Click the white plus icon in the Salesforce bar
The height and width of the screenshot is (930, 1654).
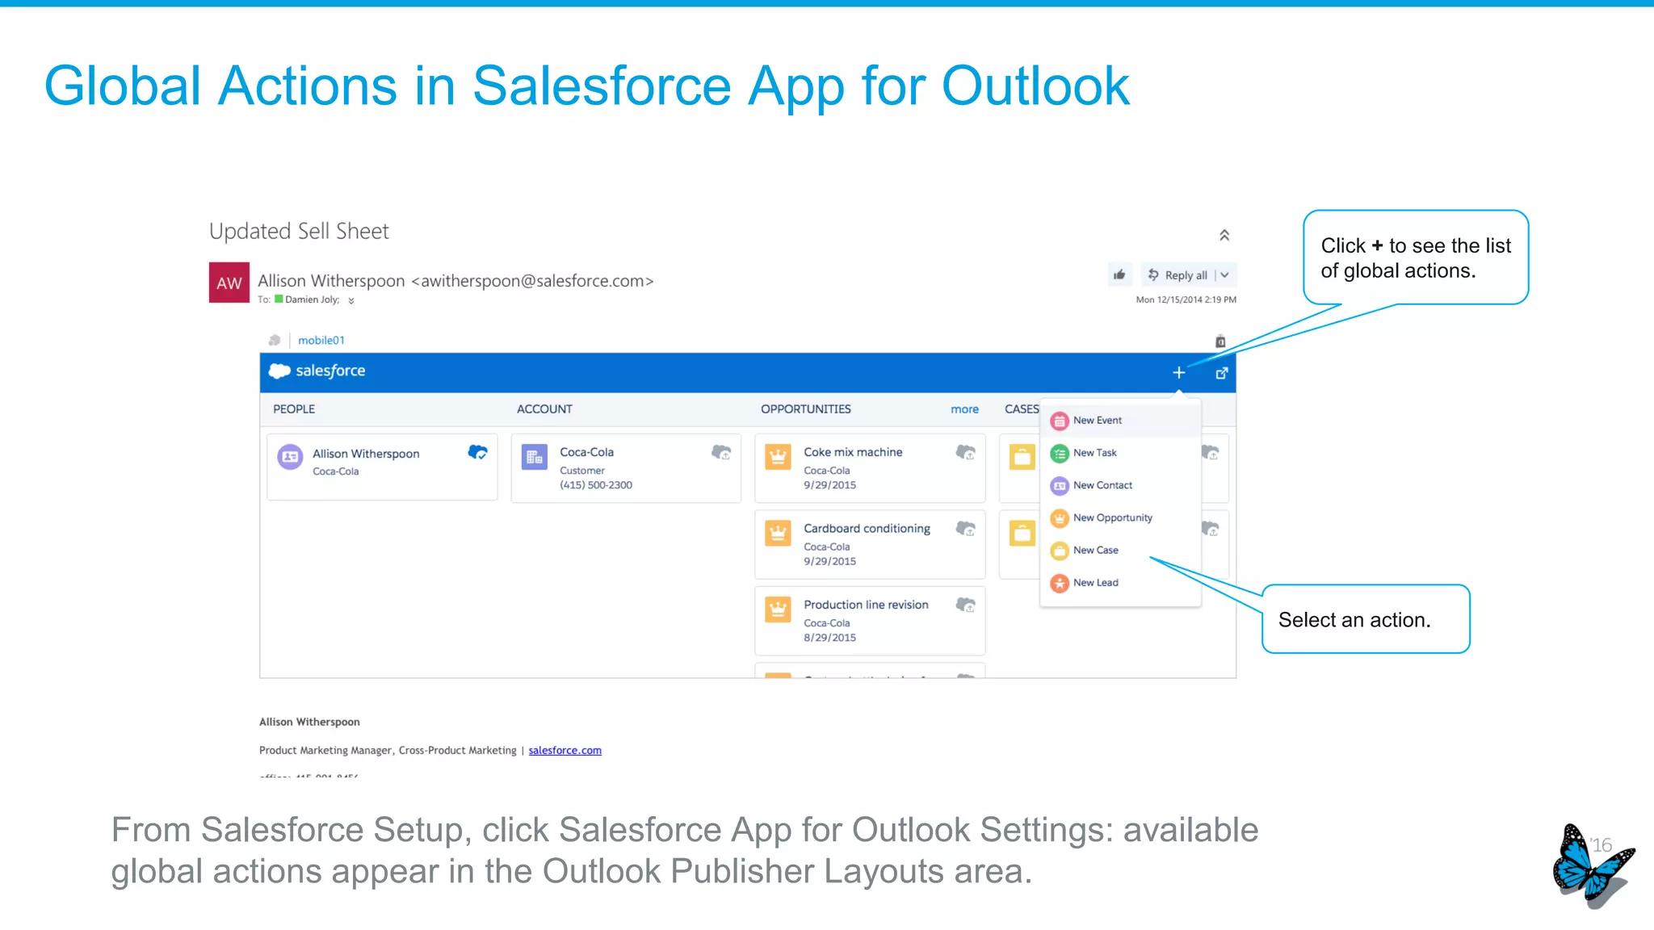(x=1178, y=373)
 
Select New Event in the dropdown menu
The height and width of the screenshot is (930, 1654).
(x=1097, y=421)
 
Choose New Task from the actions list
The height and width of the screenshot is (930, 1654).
(x=1094, y=453)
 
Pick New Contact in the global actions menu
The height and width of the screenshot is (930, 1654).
(x=1102, y=485)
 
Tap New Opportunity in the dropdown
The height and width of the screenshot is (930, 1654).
(x=1112, y=517)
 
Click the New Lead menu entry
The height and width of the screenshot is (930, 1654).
(x=1095, y=583)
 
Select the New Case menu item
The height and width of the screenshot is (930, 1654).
(x=1095, y=551)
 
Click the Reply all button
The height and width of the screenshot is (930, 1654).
(x=1185, y=275)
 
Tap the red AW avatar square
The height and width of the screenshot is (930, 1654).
(x=229, y=283)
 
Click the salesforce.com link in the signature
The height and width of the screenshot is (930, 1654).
(x=565, y=751)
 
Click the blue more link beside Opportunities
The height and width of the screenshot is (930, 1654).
(x=964, y=409)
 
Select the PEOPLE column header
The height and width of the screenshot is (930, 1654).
(x=294, y=409)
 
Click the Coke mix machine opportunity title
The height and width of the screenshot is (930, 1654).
(x=853, y=452)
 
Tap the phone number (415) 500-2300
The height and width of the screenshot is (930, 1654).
(x=596, y=485)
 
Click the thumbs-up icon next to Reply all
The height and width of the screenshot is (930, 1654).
(x=1119, y=275)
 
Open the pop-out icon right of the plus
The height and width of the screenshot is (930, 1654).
(x=1221, y=373)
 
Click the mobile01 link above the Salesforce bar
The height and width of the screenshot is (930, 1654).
(x=321, y=341)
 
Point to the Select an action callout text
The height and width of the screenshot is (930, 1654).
(x=1354, y=620)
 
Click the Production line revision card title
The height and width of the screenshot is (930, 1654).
(x=866, y=605)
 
